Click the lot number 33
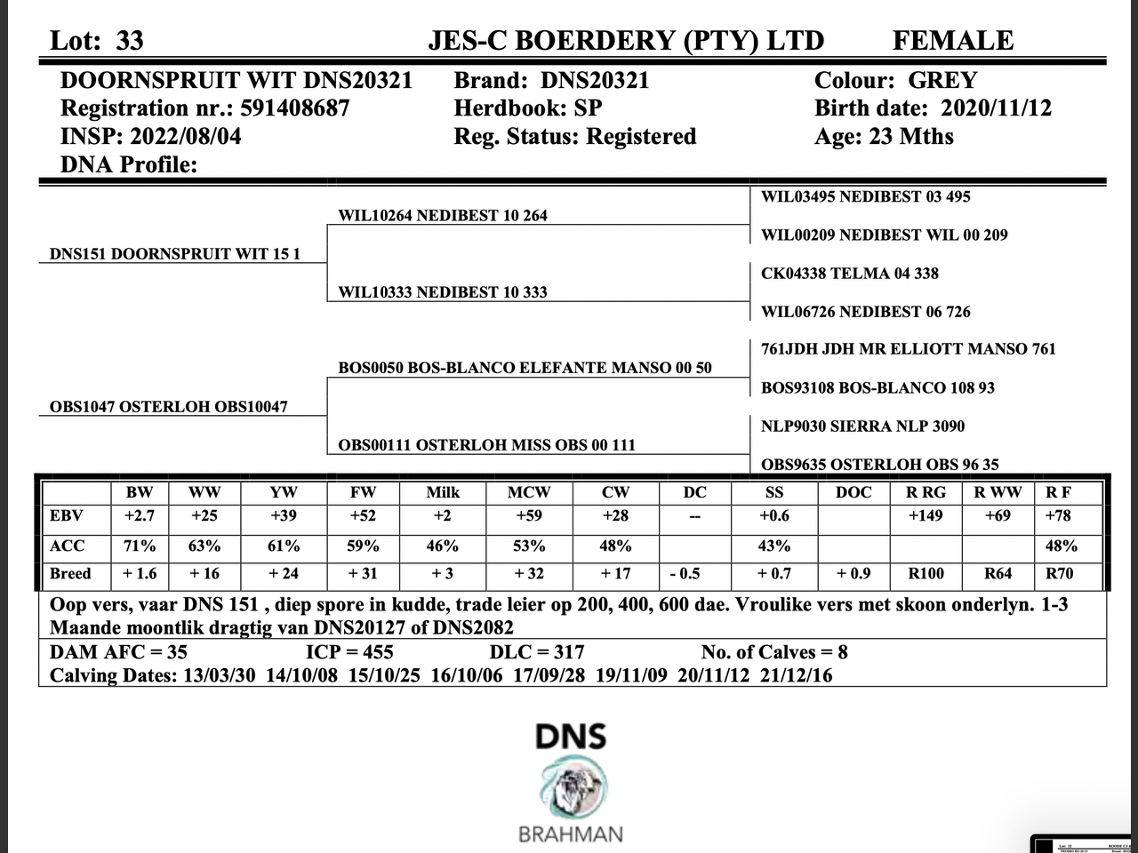coord(129,41)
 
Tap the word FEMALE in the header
coord(952,41)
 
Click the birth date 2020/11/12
coord(996,108)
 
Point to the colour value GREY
coord(942,81)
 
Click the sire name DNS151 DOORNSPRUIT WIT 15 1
coord(174,254)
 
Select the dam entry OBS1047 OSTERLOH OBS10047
coord(168,407)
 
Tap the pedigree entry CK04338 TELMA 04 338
coord(849,274)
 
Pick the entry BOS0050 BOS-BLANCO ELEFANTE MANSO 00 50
coord(525,368)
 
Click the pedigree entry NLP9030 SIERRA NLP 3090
coord(862,426)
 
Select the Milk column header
coord(443,492)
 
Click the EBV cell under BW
coord(140,516)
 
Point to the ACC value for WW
coord(204,546)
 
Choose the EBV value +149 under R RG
coord(926,516)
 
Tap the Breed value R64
coord(998,574)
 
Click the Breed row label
coord(70,574)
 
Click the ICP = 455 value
coord(349,652)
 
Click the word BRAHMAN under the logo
coord(570,834)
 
